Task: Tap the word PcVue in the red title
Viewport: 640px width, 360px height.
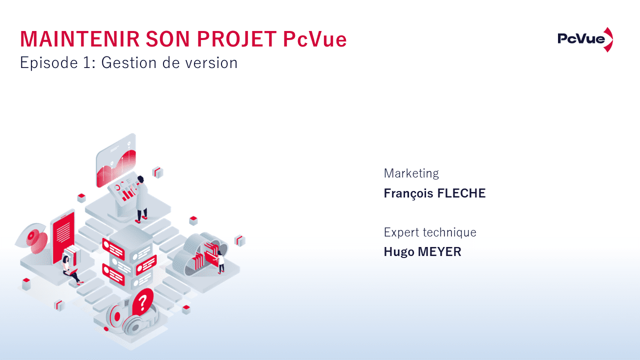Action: (x=314, y=39)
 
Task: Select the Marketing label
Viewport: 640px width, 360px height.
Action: (x=411, y=173)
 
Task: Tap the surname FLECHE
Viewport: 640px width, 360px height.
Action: (x=461, y=193)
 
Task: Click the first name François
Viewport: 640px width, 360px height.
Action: (x=408, y=193)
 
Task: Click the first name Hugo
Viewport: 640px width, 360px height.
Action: (x=399, y=252)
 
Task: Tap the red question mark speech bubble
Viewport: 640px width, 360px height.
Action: (x=143, y=301)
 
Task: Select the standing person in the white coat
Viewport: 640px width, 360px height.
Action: (x=141, y=198)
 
